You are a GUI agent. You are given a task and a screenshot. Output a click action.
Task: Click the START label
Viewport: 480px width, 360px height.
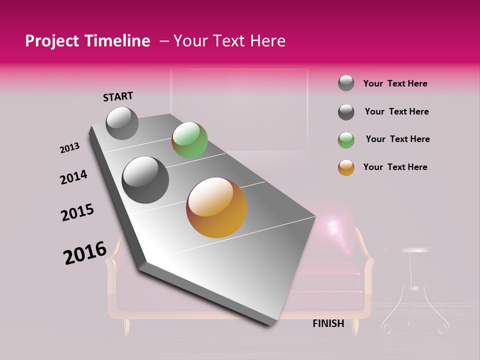[118, 96]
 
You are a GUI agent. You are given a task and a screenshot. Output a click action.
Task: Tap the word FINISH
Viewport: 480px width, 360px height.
[328, 323]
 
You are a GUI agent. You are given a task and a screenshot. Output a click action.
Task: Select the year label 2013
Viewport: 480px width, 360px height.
[70, 148]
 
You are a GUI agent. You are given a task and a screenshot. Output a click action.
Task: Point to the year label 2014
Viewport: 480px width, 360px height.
[73, 177]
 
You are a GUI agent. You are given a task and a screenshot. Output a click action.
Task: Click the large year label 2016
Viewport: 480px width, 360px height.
[85, 253]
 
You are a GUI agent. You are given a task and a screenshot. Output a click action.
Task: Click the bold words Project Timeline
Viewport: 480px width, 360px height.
[87, 41]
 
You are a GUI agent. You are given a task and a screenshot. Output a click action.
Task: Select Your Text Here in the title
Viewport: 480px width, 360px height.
[229, 41]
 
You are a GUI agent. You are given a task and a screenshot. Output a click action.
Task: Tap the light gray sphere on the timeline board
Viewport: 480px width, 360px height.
[122, 123]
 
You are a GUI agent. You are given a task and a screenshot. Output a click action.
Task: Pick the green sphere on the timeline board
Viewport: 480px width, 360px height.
[189, 140]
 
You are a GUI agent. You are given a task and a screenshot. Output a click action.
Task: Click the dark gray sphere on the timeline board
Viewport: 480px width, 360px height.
[145, 179]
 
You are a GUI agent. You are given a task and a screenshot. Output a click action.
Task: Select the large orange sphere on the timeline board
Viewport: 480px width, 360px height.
[216, 207]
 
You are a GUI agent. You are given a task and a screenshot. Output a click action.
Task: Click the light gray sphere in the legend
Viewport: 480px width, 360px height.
[346, 83]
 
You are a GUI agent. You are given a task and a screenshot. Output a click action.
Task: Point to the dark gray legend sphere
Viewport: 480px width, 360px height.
[346, 112]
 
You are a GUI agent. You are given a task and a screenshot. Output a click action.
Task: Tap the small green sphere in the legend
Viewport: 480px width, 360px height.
[346, 140]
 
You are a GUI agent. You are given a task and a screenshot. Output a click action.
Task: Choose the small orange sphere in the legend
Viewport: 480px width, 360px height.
[346, 167]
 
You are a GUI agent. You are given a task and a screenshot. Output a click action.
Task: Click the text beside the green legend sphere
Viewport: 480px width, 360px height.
[397, 139]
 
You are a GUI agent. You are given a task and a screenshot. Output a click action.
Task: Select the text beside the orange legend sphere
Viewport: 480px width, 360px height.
[395, 167]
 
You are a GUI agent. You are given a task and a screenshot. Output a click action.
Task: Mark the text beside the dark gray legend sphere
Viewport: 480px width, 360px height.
[396, 111]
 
